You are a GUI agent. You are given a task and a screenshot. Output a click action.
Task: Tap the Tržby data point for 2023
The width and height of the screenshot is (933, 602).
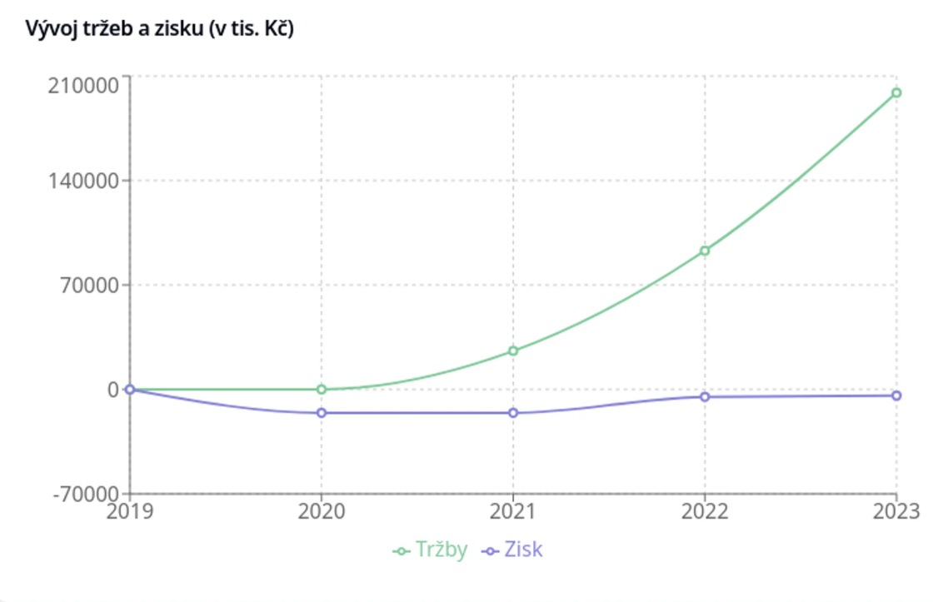coord(896,92)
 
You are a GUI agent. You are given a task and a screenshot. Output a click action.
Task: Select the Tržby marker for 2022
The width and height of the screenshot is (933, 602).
coord(705,251)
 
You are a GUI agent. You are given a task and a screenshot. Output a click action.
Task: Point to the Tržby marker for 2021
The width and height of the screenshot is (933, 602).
coord(513,351)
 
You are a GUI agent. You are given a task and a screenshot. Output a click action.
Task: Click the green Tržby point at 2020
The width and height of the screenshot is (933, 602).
coord(322,389)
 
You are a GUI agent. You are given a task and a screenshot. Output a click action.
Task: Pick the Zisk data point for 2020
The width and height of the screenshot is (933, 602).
coord(322,413)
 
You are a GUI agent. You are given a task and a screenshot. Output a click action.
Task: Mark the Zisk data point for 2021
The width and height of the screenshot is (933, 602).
coord(513,413)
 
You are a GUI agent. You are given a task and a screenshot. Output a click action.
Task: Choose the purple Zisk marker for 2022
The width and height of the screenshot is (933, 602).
coord(705,396)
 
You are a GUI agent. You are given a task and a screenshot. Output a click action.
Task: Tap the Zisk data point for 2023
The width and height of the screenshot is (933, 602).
coord(896,396)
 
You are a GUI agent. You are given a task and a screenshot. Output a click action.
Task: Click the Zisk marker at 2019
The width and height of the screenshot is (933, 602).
coord(130,389)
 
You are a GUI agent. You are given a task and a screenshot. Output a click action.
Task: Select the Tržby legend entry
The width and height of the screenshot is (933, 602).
coord(431,550)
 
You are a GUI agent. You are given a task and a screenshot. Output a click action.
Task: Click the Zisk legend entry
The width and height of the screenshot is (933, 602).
coord(514,550)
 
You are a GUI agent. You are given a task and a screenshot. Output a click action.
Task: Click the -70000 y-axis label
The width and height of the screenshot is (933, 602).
coord(85,493)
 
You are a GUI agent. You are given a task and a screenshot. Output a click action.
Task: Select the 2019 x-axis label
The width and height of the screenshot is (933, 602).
coord(130,510)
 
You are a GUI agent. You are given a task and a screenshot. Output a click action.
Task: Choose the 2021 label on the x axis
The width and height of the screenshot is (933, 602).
coord(513,510)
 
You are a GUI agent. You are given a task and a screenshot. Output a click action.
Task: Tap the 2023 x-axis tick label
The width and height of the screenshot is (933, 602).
coord(896,510)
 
